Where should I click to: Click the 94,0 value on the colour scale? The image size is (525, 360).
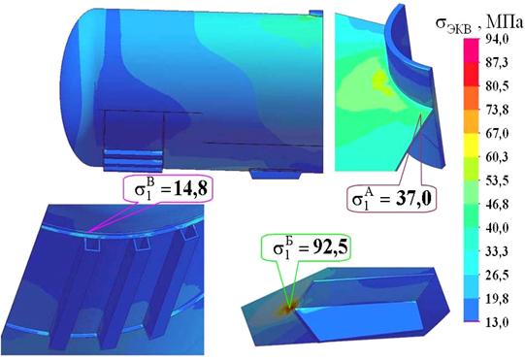tap(497, 40)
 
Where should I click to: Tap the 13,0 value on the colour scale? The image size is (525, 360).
tap(497, 322)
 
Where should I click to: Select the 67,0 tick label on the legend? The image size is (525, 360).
tap(497, 134)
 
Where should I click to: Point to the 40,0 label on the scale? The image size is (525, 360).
tap(497, 228)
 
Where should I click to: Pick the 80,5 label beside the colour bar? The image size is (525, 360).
tap(497, 86)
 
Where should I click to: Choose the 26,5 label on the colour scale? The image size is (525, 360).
tap(497, 276)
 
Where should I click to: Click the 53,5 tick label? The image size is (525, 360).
tap(497, 180)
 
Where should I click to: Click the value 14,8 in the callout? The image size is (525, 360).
tap(189, 188)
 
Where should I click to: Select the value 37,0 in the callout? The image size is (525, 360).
tap(412, 199)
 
